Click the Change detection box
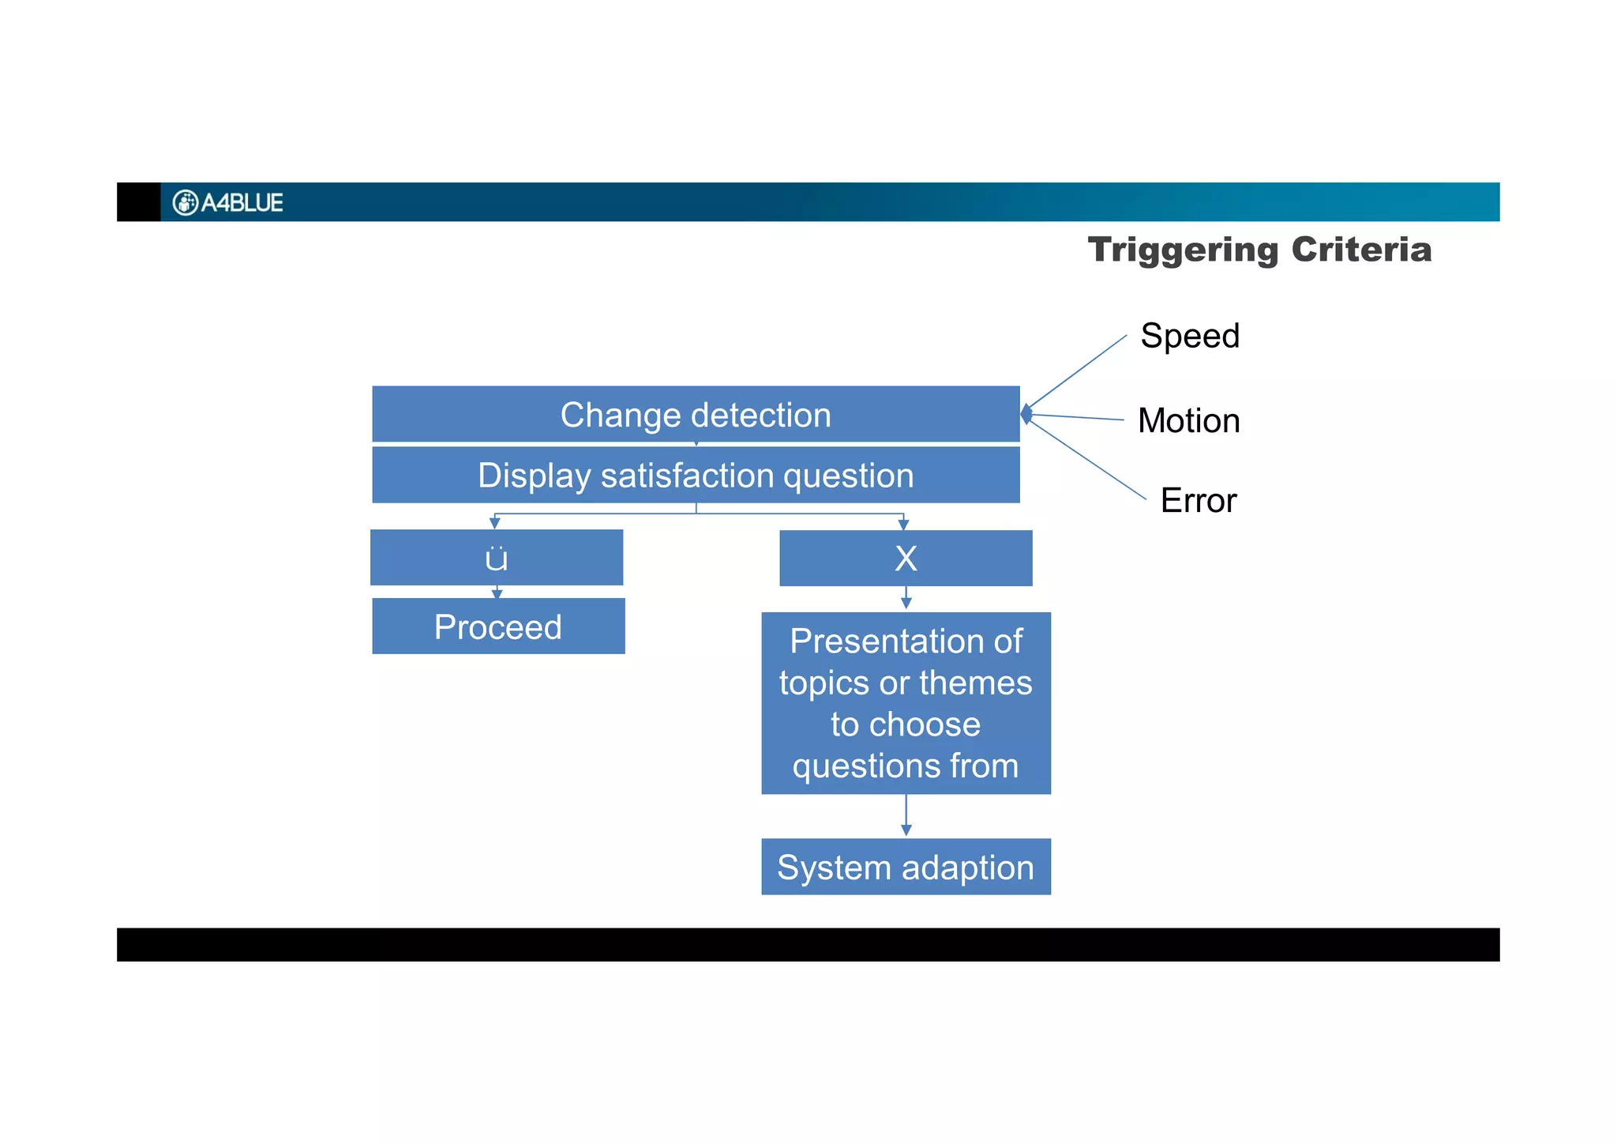pyautogui.click(x=695, y=414)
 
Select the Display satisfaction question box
pyautogui.click(x=695, y=476)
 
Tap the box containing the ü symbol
pyautogui.click(x=497, y=558)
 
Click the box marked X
pyautogui.click(x=906, y=559)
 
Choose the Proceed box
pyautogui.click(x=498, y=627)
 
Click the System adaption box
pyautogui.click(x=906, y=867)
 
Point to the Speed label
pyautogui.click(x=1190, y=336)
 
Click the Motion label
pyautogui.click(x=1188, y=420)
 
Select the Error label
pyautogui.click(x=1198, y=500)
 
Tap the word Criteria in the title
pyautogui.click(x=1361, y=250)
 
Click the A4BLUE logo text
pyautogui.click(x=242, y=203)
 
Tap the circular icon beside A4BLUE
pyautogui.click(x=185, y=203)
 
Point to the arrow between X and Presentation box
pyautogui.click(x=906, y=598)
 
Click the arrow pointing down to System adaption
pyautogui.click(x=906, y=816)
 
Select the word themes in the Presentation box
pyautogui.click(x=975, y=683)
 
